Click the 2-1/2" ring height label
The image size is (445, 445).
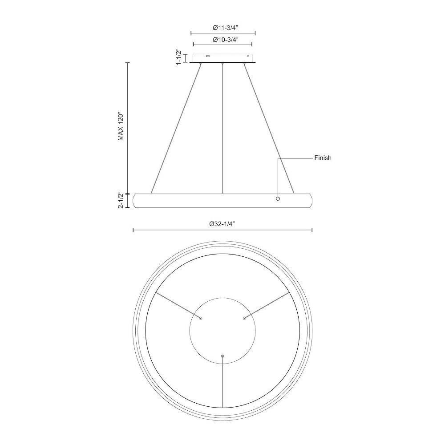(121, 200)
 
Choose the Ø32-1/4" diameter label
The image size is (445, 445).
(222, 224)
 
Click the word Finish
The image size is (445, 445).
(323, 158)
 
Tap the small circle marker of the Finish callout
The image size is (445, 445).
(278, 198)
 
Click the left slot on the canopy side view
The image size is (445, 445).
(208, 56)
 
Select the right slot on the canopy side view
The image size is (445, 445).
(249, 56)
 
